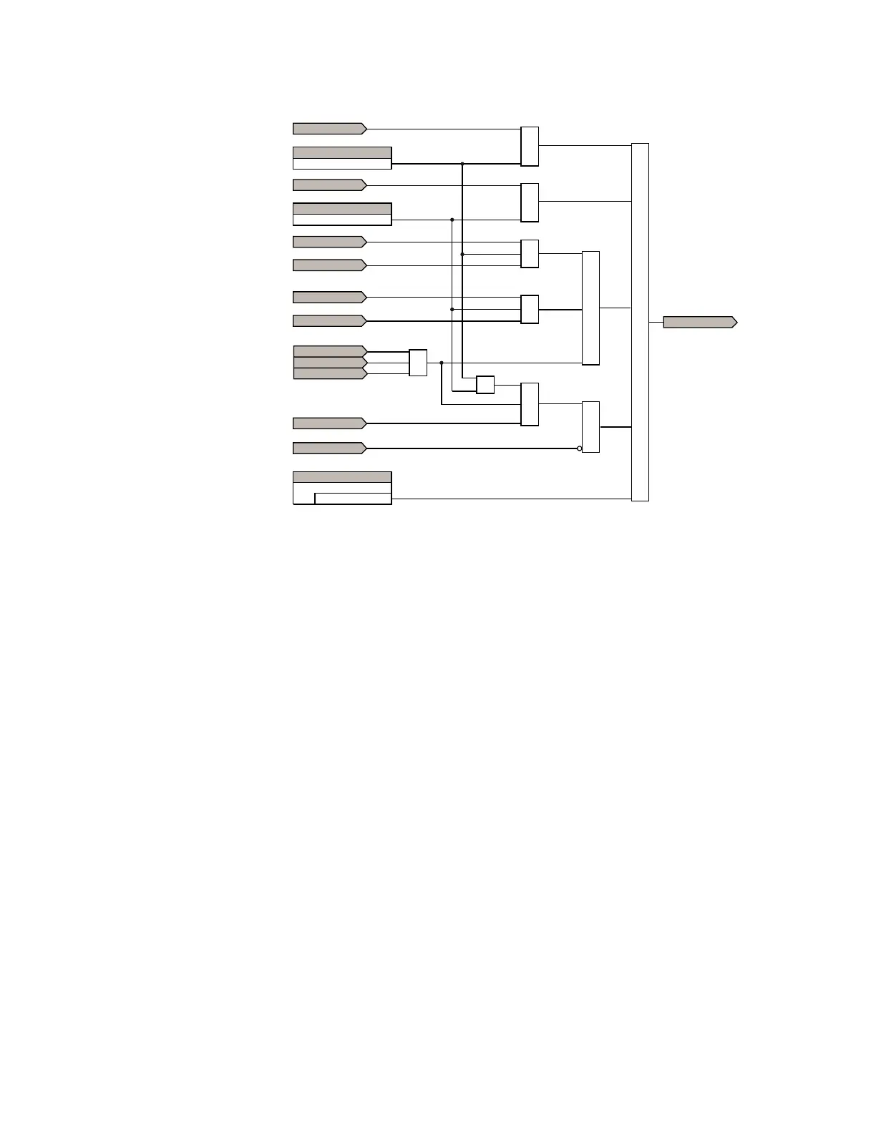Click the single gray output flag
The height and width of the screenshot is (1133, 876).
(x=699, y=322)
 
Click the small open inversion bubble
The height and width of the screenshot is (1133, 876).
(x=580, y=448)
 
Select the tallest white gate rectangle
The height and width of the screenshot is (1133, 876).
(x=640, y=322)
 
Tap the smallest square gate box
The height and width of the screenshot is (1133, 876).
(x=485, y=385)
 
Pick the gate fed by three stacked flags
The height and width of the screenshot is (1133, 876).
(x=418, y=363)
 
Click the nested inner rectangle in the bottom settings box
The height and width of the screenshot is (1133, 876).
(x=353, y=499)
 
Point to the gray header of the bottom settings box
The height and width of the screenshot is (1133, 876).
(x=342, y=477)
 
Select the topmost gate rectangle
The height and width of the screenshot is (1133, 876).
(x=530, y=147)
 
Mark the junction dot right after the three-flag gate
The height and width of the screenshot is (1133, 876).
(x=442, y=363)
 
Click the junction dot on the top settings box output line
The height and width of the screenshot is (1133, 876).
(x=462, y=164)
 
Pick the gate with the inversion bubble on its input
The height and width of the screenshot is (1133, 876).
(x=590, y=427)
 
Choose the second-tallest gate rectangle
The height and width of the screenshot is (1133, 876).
(x=590, y=308)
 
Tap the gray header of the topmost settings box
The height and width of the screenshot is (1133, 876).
(x=342, y=152)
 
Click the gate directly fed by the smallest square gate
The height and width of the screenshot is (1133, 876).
(x=530, y=404)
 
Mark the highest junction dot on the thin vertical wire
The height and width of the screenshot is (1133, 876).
(x=452, y=220)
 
